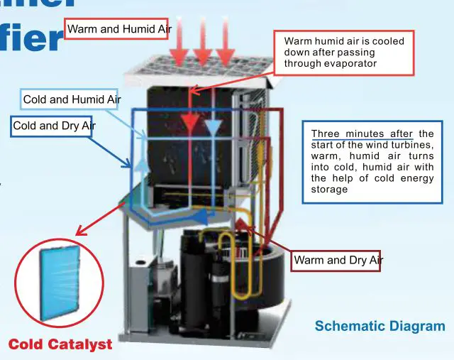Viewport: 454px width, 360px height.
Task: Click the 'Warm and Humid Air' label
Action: click(x=117, y=28)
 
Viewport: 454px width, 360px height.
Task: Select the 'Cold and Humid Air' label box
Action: click(x=72, y=100)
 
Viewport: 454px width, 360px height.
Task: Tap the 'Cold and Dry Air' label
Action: click(x=55, y=126)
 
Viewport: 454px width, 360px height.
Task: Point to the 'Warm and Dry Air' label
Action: click(x=338, y=261)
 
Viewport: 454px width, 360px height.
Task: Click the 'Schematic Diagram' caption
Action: click(x=380, y=327)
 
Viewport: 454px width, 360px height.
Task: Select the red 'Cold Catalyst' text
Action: click(x=60, y=345)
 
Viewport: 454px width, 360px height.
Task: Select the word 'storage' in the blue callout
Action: click(x=330, y=190)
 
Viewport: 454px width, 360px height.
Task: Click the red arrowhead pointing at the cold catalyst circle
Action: click(x=79, y=231)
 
